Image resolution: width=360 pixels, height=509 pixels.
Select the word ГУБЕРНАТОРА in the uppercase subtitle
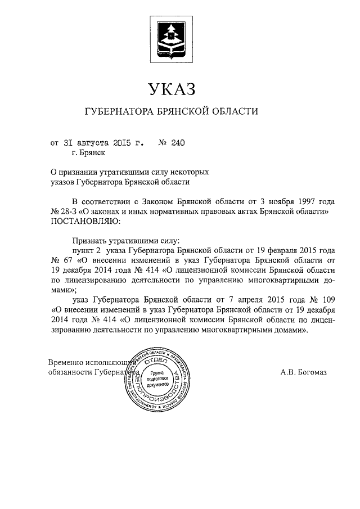pos(118,111)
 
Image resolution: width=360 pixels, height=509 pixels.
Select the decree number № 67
pos(60,259)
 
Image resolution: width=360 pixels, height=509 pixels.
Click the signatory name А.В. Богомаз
pos(303,372)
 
